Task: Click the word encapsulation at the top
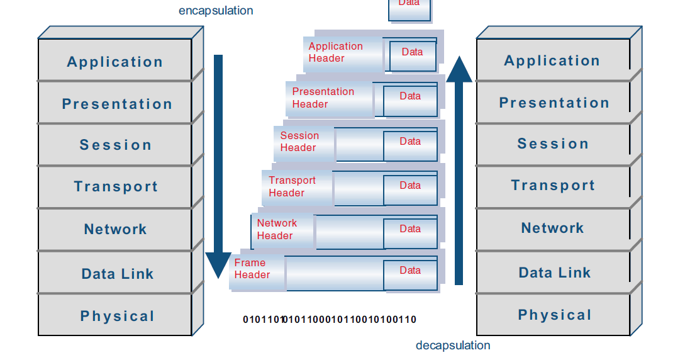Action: point(216,11)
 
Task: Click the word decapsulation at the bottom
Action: point(452,345)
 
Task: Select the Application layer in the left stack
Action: point(114,62)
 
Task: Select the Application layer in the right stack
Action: point(552,60)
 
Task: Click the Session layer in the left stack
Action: point(115,145)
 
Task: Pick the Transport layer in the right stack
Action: point(552,185)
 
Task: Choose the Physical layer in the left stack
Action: point(117,316)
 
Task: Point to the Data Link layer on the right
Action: point(554,273)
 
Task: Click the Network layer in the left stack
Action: point(115,229)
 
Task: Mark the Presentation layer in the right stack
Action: point(554,103)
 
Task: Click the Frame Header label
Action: point(252,269)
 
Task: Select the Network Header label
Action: point(277,229)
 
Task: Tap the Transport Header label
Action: point(292,186)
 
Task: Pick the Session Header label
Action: point(299,142)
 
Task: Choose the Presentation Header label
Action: point(323,98)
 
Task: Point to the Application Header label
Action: point(335,52)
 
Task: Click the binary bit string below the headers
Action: point(330,320)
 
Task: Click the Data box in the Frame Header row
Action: point(410,271)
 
